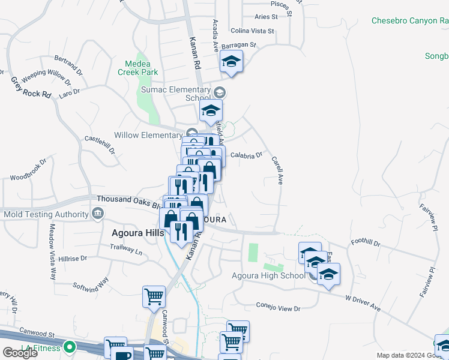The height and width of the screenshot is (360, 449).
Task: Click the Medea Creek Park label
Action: [142, 68]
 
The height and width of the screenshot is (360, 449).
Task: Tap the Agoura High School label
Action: [268, 275]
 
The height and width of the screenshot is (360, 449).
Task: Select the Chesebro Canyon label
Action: [409, 20]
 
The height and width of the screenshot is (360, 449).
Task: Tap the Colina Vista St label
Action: [252, 31]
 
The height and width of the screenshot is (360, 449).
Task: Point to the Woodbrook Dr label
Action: [28, 170]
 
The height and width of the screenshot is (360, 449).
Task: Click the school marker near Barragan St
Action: [231, 62]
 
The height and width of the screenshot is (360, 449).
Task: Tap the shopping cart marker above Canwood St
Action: [154, 297]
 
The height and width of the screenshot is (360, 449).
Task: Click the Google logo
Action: [20, 353]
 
